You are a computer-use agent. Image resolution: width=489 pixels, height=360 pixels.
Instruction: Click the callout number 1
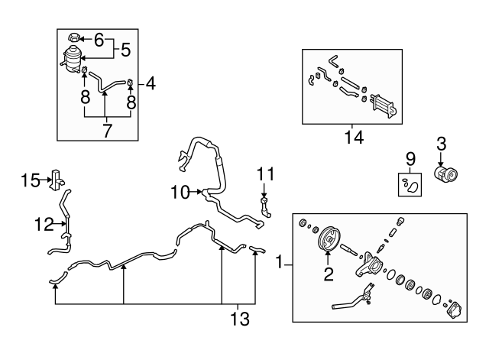(x=280, y=264)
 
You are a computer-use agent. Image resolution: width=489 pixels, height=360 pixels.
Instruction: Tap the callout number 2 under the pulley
(x=329, y=272)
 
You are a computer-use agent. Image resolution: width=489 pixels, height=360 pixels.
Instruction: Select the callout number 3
(x=441, y=143)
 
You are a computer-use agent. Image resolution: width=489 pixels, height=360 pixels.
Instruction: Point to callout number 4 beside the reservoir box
(x=151, y=83)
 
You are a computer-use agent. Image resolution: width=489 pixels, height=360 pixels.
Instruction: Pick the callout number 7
(x=107, y=130)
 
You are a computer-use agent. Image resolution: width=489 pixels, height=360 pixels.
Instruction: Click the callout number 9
(x=410, y=160)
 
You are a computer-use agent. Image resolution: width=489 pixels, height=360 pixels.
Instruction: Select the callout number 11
(x=265, y=174)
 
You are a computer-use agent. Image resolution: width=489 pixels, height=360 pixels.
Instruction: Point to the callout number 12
(x=44, y=224)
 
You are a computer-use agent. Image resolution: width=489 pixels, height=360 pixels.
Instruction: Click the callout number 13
(x=240, y=318)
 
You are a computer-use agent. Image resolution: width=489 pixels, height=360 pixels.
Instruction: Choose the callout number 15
(x=31, y=180)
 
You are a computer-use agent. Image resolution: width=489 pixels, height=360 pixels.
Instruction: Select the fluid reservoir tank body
(x=75, y=60)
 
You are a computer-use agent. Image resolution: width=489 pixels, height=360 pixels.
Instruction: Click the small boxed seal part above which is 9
(x=410, y=184)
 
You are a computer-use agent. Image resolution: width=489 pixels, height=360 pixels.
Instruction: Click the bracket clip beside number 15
(x=56, y=178)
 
